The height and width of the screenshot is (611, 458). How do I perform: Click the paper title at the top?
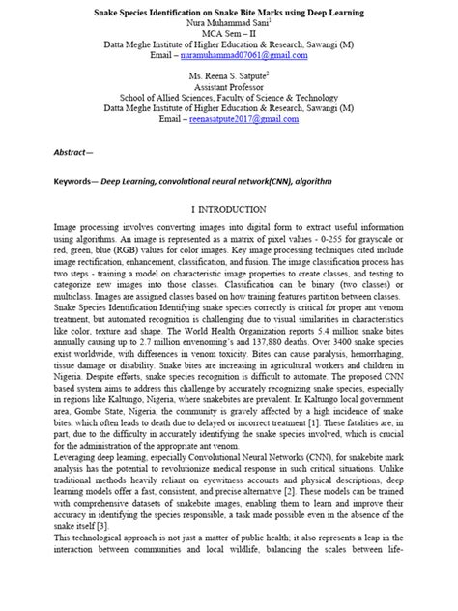pyautogui.click(x=228, y=14)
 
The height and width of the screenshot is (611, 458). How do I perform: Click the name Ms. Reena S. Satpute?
pyautogui.click(x=227, y=74)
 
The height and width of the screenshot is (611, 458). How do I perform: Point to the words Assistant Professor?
pyautogui.click(x=228, y=86)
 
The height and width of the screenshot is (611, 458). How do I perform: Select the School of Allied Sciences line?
pyautogui.click(x=228, y=98)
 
